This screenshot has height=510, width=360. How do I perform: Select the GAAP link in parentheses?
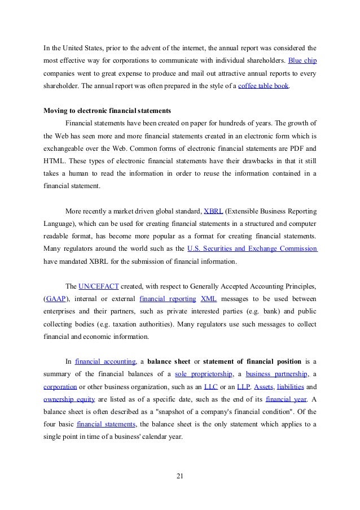pos(55,298)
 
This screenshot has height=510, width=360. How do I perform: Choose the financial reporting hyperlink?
pos(168,298)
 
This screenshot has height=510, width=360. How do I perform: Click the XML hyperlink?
pos(208,298)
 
